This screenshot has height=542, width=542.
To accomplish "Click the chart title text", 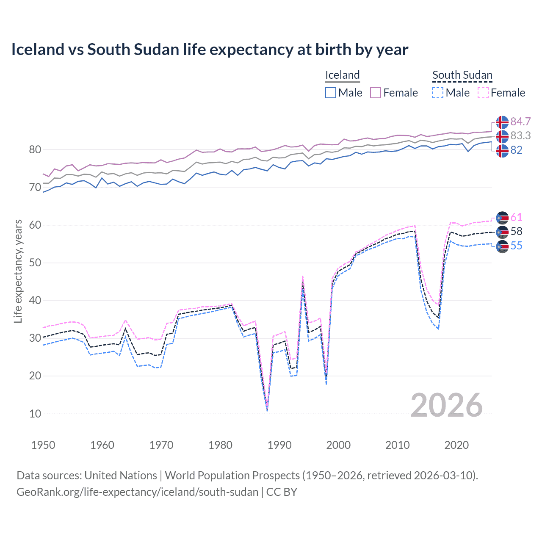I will click(210, 50).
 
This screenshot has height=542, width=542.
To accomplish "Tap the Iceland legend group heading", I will click(342, 75).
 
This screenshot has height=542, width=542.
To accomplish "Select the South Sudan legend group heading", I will click(462, 75).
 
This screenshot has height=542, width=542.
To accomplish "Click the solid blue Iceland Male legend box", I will click(331, 93).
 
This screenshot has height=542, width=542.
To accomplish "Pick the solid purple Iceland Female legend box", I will click(376, 93).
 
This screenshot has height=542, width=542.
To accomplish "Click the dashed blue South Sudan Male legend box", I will click(438, 93).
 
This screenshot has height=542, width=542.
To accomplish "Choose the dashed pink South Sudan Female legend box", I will click(483, 93).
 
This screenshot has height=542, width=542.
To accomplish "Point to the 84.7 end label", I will click(520, 122).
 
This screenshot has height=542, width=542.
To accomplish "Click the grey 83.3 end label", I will click(520, 136).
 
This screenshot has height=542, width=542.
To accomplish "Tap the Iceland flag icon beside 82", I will click(502, 151).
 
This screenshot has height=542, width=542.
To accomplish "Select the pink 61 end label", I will click(516, 218).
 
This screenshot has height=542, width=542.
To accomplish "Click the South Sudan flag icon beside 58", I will click(502, 232).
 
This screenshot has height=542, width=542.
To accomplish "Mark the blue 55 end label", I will click(516, 246).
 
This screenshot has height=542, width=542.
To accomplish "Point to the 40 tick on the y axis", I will click(35, 301).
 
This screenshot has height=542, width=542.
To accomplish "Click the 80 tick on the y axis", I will click(35, 149).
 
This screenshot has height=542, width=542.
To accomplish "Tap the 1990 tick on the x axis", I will click(279, 445).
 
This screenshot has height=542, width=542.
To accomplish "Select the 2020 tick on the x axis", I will click(456, 445).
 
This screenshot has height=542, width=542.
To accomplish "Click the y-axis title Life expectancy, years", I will click(18, 271).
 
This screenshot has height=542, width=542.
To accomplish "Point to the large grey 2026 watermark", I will click(447, 405).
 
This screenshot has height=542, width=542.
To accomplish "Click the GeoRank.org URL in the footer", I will click(138, 492).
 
